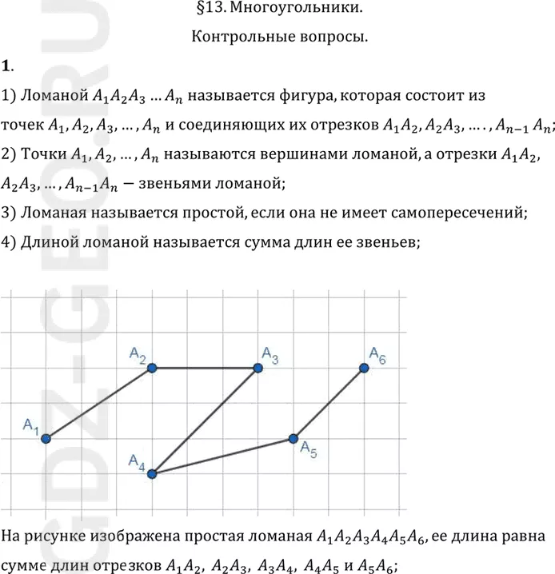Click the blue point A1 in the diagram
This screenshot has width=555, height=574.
(46, 438)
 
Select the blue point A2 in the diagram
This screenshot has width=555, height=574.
(151, 368)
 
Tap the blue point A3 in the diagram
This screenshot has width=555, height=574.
(258, 368)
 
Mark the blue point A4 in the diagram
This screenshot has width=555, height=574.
(151, 473)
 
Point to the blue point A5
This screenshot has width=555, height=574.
(293, 438)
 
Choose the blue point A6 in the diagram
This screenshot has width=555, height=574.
(364, 368)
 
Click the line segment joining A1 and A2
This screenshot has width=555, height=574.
(98, 403)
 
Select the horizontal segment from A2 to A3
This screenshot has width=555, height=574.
(204, 368)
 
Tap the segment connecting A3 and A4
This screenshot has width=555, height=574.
(204, 421)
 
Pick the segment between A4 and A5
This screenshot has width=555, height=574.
(222, 456)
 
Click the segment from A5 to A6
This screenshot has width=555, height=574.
(328, 403)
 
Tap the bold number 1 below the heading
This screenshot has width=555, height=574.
(6, 65)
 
